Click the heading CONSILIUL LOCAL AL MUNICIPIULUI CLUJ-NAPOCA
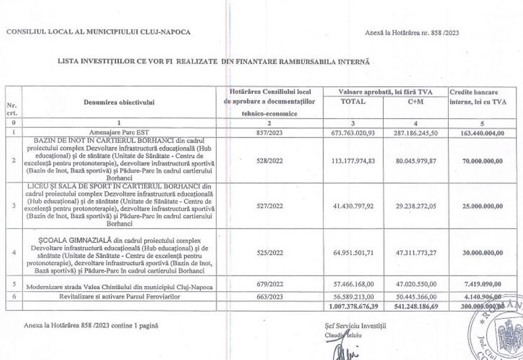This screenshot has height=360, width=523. click(x=99, y=32)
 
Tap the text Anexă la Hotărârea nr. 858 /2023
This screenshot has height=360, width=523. click(x=415, y=32)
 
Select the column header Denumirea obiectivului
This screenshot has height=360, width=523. click(x=119, y=102)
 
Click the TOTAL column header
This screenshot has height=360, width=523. click(x=352, y=102)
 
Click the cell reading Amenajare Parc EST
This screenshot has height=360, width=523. click(x=119, y=132)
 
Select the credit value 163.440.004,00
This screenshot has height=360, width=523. click(x=477, y=132)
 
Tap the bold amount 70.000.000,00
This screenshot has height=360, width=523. click(x=477, y=160)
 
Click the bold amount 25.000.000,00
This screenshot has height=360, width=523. click(x=477, y=206)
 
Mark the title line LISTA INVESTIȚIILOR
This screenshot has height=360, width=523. click(x=214, y=62)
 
